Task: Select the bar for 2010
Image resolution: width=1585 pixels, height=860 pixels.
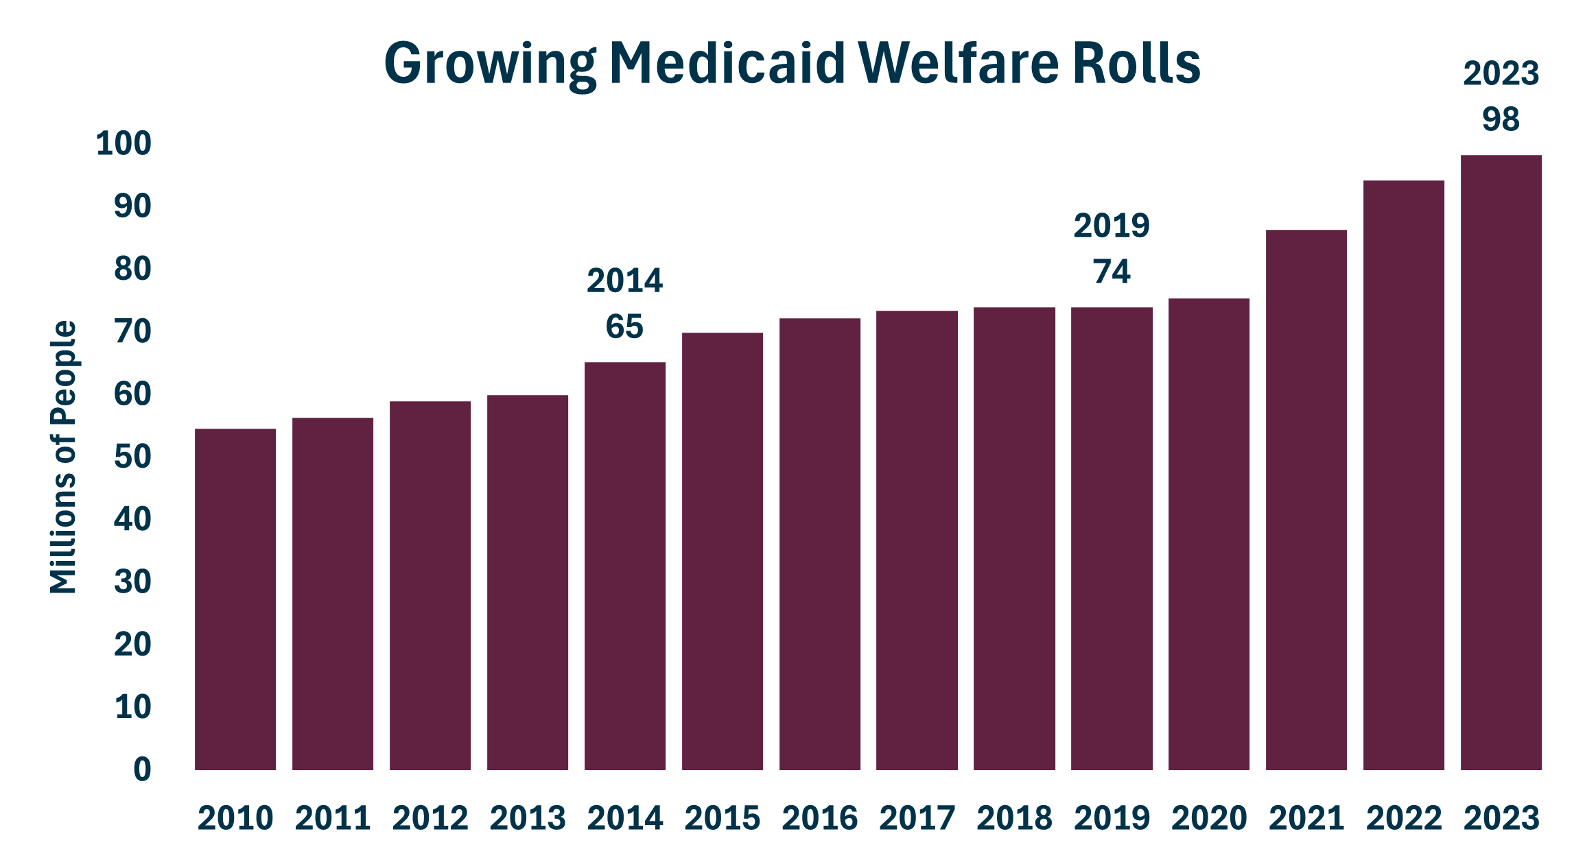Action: coord(235,599)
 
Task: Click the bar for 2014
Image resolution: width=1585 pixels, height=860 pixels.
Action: coord(625,566)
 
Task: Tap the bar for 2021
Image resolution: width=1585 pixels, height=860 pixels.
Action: coord(1306,500)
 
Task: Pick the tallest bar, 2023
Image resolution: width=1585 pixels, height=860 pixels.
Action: coord(1501,463)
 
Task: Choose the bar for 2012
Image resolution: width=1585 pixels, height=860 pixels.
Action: coord(430,586)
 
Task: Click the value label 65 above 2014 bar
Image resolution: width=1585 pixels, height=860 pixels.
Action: coord(624,326)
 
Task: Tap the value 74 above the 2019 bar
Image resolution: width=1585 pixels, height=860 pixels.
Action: coord(1112,272)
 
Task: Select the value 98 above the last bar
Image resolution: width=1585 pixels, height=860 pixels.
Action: coord(1501,119)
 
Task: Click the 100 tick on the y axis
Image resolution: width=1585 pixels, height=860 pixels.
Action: coord(124,143)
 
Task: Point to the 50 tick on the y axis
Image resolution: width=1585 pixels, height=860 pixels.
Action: coord(132,457)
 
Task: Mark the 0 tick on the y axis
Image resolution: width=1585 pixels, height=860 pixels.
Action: coord(142,769)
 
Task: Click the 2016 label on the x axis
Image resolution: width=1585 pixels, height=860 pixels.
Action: coord(820,818)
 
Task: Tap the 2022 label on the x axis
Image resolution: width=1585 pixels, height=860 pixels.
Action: coord(1404,818)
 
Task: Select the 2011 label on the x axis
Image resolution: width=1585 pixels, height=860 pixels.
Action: coord(333,818)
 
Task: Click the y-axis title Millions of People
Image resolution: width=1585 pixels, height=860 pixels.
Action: coord(63,457)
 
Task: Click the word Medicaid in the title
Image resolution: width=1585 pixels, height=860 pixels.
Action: coord(727,63)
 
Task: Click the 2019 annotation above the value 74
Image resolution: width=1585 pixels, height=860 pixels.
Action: coord(1112,226)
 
